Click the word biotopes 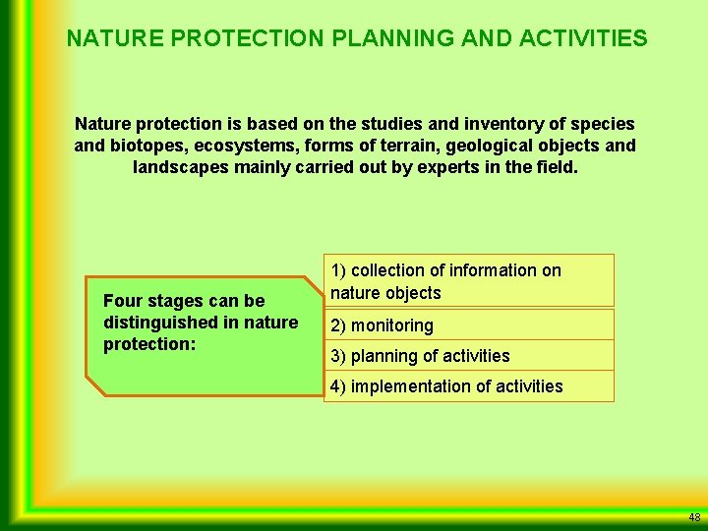tap(146, 147)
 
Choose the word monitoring tap(392, 325)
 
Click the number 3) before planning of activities tap(338, 356)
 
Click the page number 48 tap(694, 517)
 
